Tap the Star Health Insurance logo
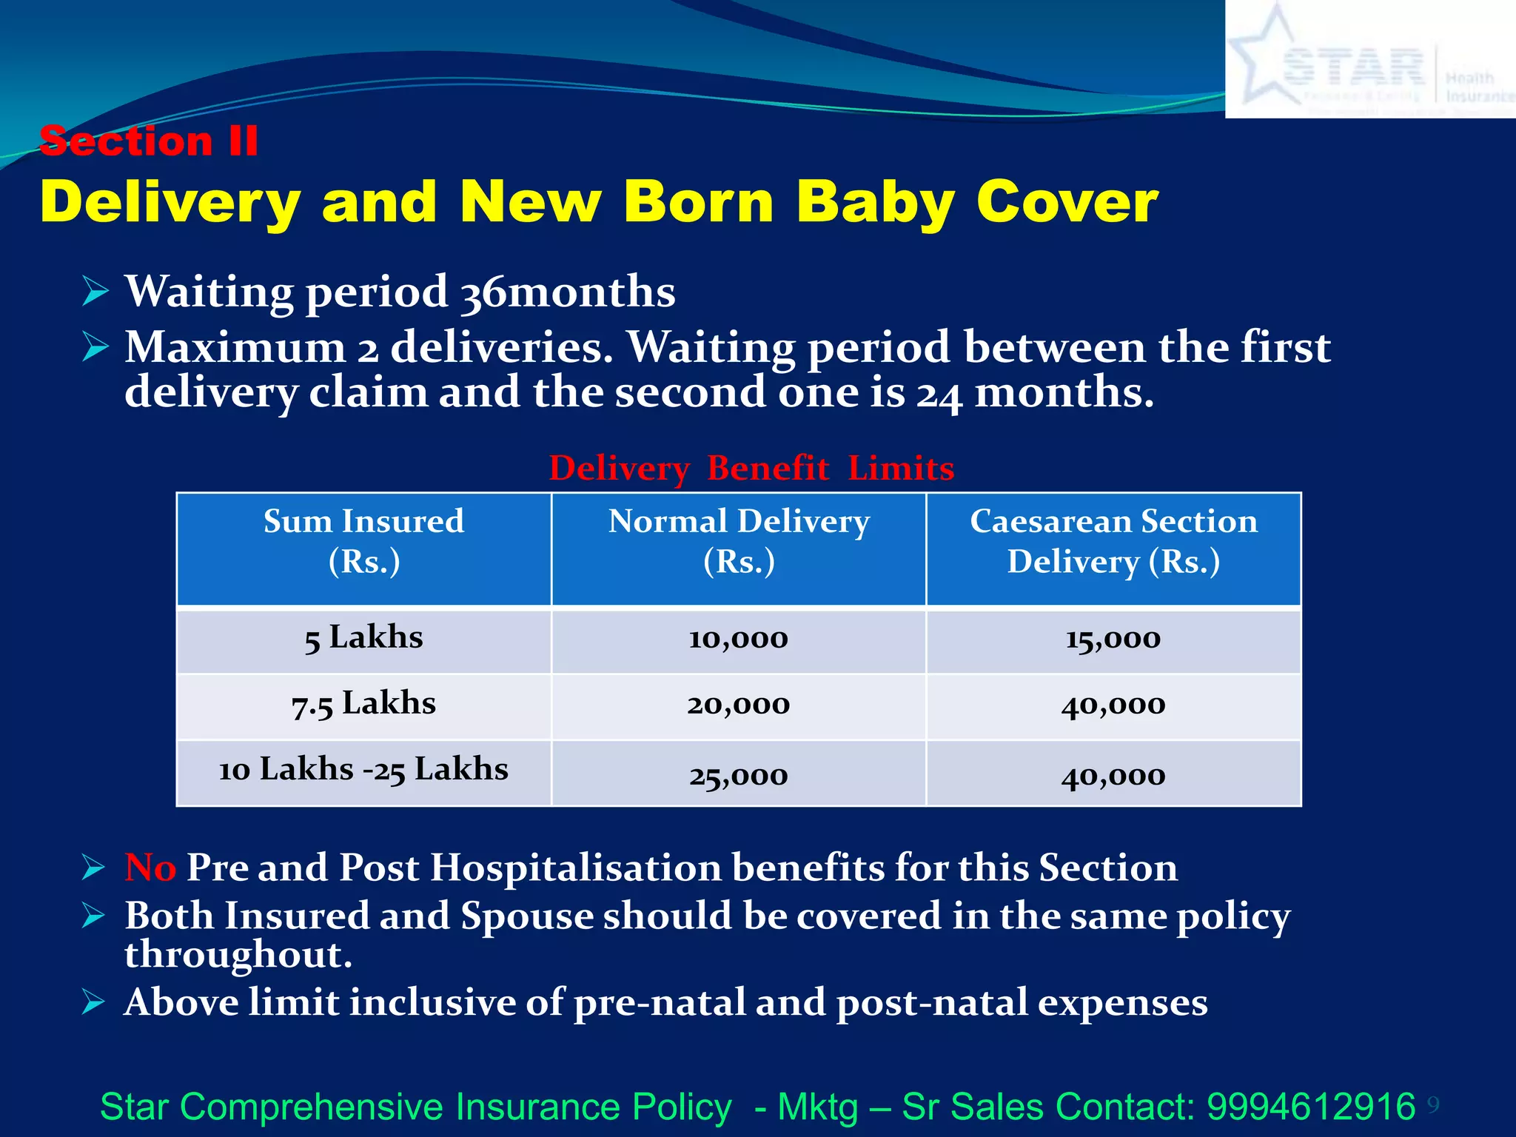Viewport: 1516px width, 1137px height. pos(1369,59)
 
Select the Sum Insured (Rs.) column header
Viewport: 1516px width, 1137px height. pos(363,541)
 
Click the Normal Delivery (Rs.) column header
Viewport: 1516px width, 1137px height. pos(739,541)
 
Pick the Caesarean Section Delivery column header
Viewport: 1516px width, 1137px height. pos(1113,541)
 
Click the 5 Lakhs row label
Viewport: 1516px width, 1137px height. pos(363,638)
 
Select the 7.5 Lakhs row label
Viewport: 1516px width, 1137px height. pos(363,704)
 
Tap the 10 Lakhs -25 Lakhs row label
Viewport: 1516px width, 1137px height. pos(363,770)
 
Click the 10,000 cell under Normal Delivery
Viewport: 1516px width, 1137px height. pos(739,639)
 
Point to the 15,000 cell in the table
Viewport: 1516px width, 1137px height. pos(1113,639)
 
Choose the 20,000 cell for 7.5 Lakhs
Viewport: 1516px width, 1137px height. pos(739,705)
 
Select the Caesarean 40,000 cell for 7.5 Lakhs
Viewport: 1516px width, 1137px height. pos(1113,705)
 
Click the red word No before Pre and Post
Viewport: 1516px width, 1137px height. pos(150,868)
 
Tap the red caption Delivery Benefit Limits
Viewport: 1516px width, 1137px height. pos(751,469)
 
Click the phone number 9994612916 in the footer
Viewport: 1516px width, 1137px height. pos(1311,1107)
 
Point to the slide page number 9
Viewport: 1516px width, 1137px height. pos(1433,1105)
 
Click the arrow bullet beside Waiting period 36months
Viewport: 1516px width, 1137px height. pos(95,291)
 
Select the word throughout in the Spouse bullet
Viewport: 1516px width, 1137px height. pos(238,955)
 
